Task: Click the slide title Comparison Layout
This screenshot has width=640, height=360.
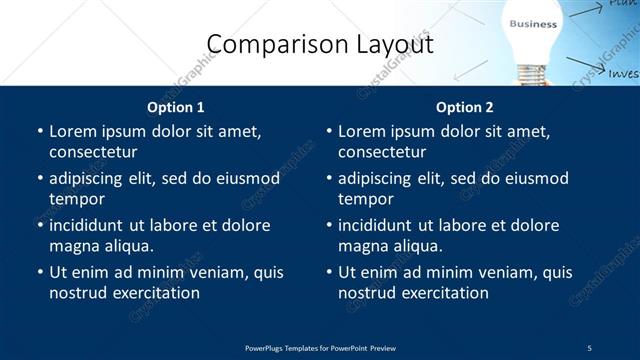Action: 319,44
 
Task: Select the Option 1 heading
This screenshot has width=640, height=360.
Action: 175,107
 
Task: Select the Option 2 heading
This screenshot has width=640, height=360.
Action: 464,107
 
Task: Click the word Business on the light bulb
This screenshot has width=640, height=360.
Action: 533,23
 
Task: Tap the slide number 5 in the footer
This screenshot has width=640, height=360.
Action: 589,347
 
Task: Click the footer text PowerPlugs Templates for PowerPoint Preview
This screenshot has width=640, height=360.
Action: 320,347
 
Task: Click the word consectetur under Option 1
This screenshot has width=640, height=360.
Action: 93,152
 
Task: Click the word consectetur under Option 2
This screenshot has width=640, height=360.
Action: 382,152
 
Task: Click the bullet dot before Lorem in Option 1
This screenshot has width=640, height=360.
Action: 39,132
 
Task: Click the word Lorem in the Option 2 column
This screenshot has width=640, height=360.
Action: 361,131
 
